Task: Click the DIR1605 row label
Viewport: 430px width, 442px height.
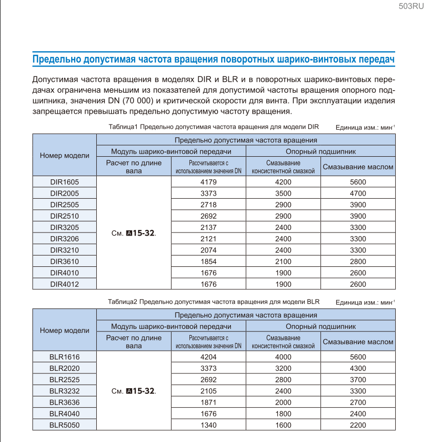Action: (x=64, y=182)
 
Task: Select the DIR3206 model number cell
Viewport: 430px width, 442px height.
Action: (x=64, y=239)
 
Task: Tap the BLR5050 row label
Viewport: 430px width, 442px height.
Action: (x=64, y=425)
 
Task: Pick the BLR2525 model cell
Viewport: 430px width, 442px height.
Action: (x=64, y=380)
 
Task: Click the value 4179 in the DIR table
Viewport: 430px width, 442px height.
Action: (x=208, y=182)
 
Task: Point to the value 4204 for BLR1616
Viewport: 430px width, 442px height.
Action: (x=208, y=357)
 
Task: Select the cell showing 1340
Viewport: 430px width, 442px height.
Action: (x=208, y=425)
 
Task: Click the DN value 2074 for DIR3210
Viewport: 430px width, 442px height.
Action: (x=208, y=250)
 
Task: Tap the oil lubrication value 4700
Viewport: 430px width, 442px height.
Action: (x=358, y=193)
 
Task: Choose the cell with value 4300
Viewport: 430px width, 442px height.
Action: (x=358, y=368)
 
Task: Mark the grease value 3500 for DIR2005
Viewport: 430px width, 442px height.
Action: (x=283, y=193)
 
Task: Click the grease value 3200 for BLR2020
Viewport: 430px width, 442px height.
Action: (x=283, y=368)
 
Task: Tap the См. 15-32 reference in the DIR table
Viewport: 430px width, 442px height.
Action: (x=133, y=233)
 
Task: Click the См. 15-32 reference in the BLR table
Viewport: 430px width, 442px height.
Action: (x=133, y=391)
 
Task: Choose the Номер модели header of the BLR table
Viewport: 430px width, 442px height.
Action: (x=64, y=330)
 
